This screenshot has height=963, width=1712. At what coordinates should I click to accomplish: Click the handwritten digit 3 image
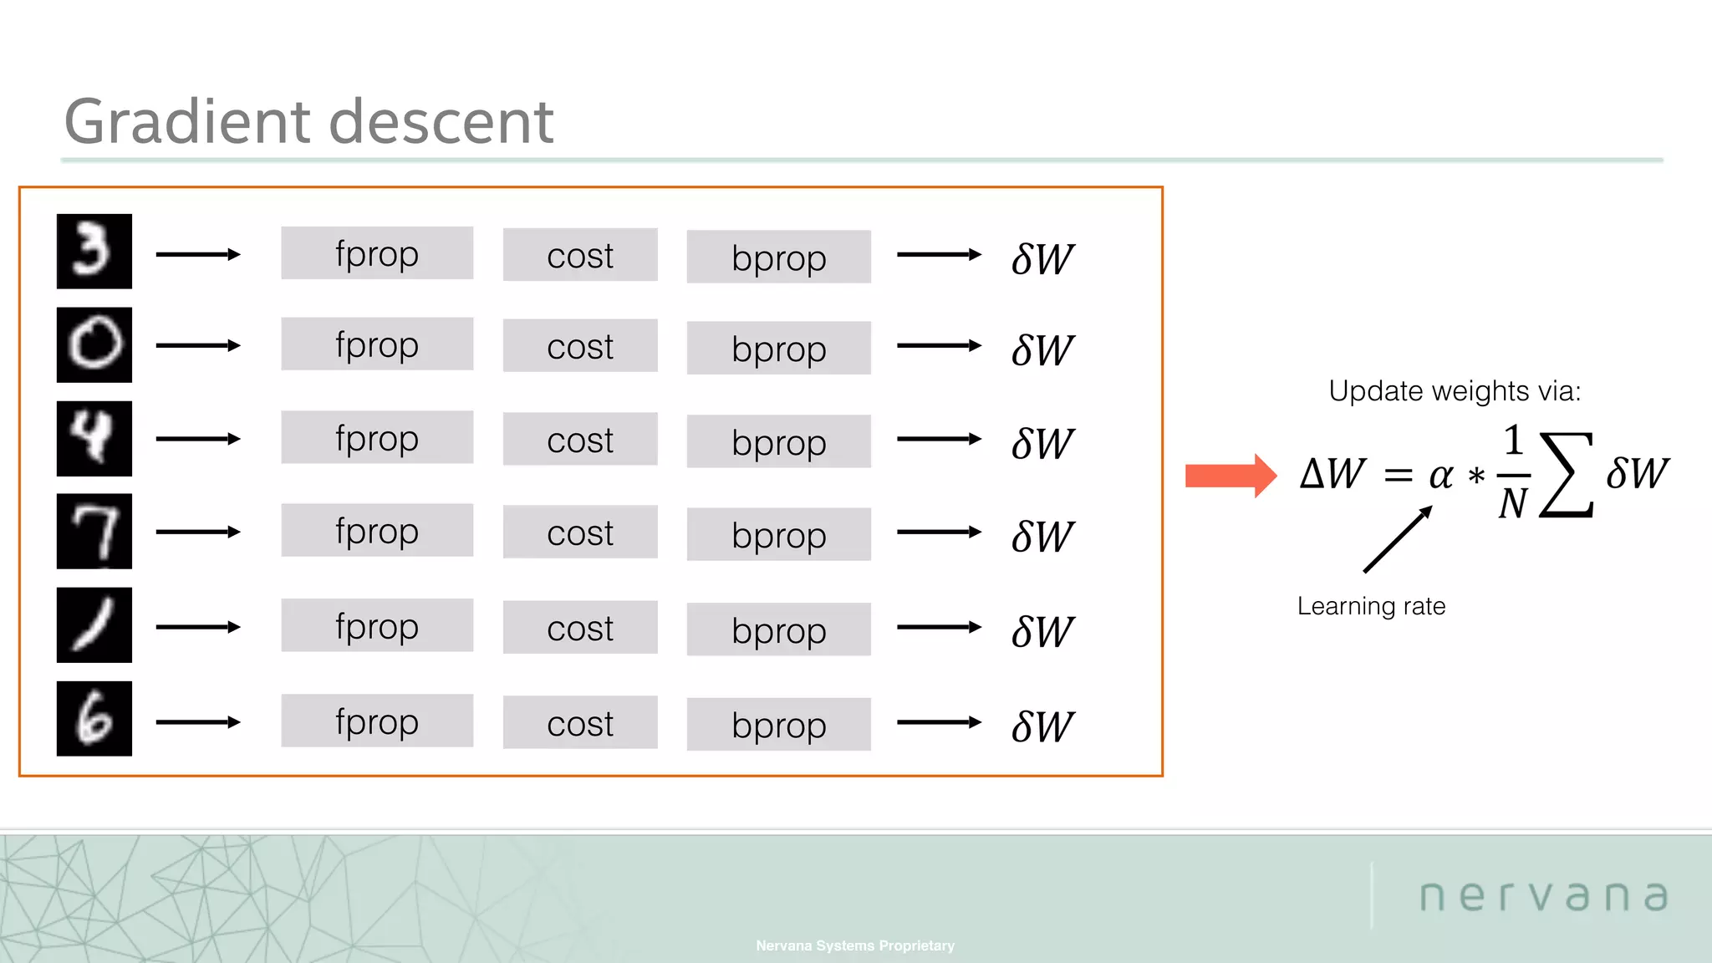94,251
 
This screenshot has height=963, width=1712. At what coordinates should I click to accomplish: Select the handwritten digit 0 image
94,344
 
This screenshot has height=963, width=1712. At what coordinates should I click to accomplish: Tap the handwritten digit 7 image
94,531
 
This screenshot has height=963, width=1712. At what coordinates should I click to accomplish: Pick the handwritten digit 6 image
94,718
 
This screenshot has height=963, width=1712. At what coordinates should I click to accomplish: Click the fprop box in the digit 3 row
376,253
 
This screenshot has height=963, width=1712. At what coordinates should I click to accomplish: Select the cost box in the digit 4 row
579,440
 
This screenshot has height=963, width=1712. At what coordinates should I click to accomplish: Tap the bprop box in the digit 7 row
778,535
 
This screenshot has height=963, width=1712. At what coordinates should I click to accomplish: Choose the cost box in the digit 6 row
579,723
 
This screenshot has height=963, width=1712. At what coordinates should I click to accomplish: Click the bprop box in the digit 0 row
778,349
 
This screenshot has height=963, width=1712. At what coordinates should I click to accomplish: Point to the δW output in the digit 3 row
1042,259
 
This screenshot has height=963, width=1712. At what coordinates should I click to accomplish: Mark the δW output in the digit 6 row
1042,726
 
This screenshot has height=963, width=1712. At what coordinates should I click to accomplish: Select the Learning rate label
1371,606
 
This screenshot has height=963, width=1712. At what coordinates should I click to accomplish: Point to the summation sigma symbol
1567,475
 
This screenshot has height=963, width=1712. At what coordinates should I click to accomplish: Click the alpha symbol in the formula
1440,476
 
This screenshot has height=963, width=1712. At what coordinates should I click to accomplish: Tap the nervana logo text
1544,896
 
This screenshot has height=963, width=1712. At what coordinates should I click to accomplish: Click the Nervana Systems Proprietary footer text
854,945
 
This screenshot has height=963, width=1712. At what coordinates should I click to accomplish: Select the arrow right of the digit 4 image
198,439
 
